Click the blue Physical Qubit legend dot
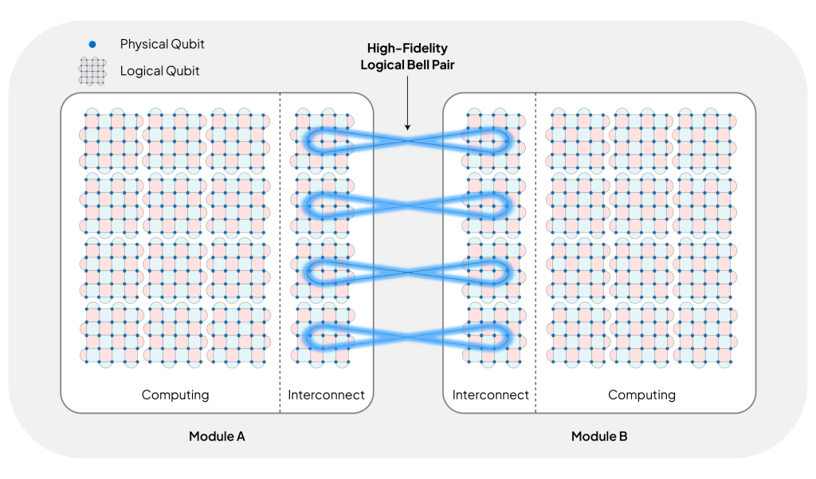(x=93, y=45)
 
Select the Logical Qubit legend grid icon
(x=92, y=71)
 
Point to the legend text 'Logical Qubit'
(x=159, y=71)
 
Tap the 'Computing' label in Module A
(x=175, y=395)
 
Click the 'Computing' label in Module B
(x=641, y=395)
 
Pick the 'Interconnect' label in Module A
(x=326, y=395)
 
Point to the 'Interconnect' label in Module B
(x=490, y=395)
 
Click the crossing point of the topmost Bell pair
(x=407, y=140)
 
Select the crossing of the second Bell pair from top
(x=407, y=206)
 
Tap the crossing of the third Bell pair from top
(x=407, y=272)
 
